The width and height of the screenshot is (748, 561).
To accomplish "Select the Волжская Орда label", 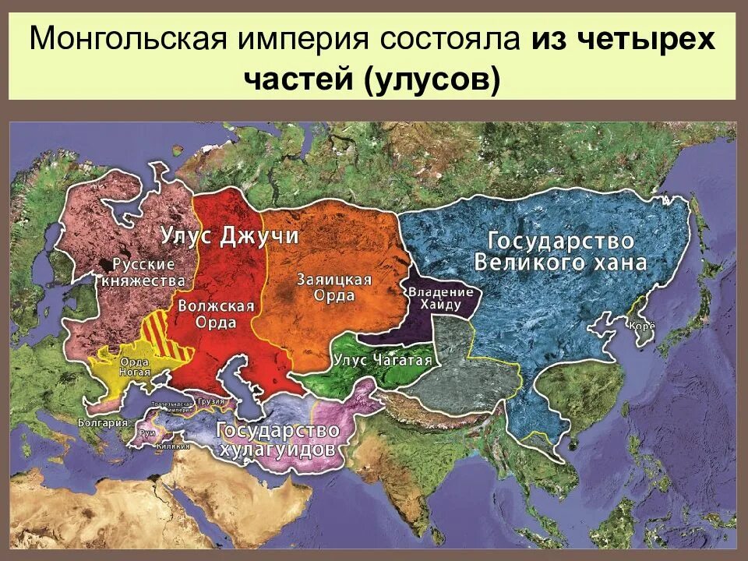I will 216,312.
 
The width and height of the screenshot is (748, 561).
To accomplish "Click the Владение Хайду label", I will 441,297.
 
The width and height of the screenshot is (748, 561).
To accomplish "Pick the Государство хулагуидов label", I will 278,439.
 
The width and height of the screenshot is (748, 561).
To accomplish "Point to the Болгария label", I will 102,422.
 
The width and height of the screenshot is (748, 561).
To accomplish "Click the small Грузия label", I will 210,402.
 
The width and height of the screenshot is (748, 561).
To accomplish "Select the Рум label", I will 146,432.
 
